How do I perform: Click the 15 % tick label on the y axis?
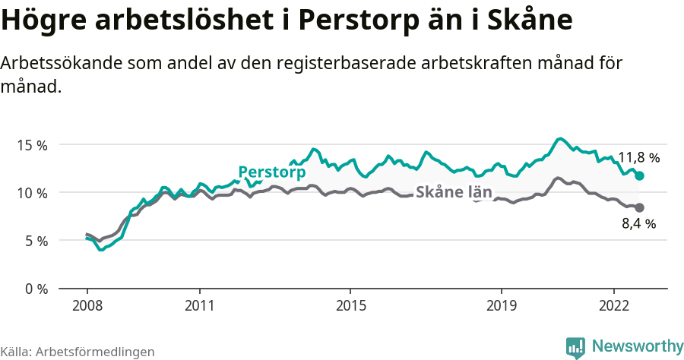(32, 144)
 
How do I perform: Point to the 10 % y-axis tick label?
(32, 192)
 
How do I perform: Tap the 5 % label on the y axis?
(36, 241)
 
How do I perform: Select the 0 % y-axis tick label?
(36, 289)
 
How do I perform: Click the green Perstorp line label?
(271, 172)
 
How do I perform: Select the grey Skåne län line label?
(454, 192)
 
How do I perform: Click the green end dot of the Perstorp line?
(640, 175)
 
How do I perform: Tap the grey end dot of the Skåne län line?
(640, 208)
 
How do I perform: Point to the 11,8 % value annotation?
(638, 158)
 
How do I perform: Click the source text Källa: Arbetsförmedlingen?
(78, 352)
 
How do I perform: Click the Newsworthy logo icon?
(575, 347)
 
